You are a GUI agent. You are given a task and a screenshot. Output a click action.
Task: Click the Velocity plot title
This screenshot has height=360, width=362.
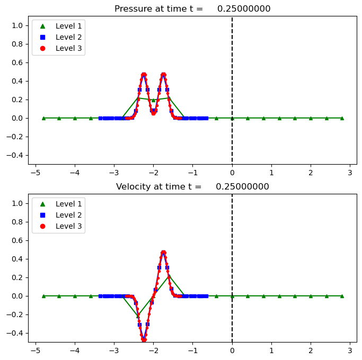click(x=192, y=186)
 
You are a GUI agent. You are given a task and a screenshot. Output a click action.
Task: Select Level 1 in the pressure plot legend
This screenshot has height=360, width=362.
click(x=66, y=25)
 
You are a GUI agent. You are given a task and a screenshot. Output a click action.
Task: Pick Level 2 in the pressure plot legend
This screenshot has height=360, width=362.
click(x=66, y=37)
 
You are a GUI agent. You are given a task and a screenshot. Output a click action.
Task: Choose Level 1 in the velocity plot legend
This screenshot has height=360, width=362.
click(x=66, y=203)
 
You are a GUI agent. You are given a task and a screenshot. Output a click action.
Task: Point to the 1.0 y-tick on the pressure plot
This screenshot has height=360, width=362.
click(x=17, y=25)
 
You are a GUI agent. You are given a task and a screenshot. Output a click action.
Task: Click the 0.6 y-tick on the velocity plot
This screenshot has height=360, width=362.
click(x=17, y=240)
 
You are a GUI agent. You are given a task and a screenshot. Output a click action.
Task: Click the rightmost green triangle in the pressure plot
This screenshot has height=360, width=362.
click(x=342, y=118)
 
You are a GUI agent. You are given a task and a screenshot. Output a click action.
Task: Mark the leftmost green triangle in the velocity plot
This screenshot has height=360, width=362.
click(x=43, y=296)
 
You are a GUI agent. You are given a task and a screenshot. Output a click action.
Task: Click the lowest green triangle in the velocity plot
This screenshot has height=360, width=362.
click(x=138, y=316)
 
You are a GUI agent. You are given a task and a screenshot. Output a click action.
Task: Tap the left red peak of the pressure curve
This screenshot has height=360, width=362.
click(x=144, y=75)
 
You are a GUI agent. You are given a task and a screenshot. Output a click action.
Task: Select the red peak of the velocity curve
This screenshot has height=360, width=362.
click(x=163, y=253)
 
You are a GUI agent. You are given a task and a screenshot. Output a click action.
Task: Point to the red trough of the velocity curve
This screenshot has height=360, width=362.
click(x=144, y=339)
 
